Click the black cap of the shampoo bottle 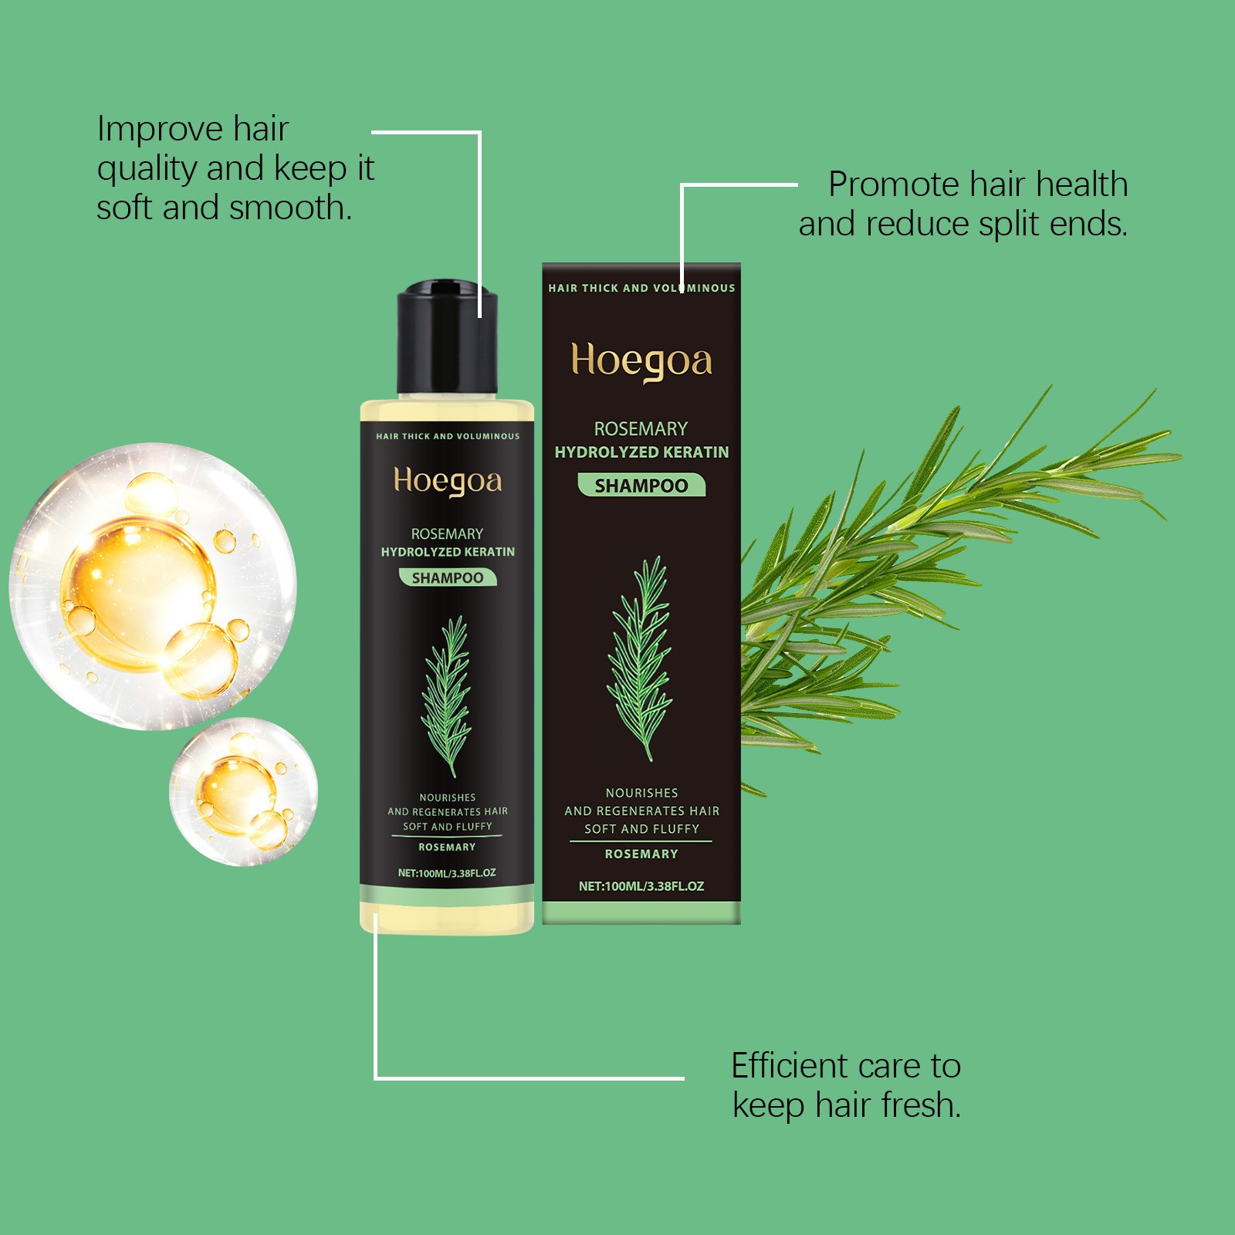click(x=447, y=340)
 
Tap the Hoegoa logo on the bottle click(x=448, y=481)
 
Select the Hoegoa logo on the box click(x=641, y=361)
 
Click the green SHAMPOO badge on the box click(x=641, y=486)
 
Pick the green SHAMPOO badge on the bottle click(x=448, y=577)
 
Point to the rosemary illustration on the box click(x=641, y=656)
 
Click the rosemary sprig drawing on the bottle click(x=447, y=695)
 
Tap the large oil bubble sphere click(x=153, y=587)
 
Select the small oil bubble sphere click(x=243, y=792)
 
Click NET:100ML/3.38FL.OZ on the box click(x=641, y=886)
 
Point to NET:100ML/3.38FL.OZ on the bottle click(x=447, y=873)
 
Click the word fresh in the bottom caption click(x=922, y=1105)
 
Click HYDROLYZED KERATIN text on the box click(x=641, y=452)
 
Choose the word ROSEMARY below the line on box click(x=641, y=854)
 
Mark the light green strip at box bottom click(x=641, y=913)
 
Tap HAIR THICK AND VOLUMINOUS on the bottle click(x=448, y=436)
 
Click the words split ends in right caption click(x=1053, y=225)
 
